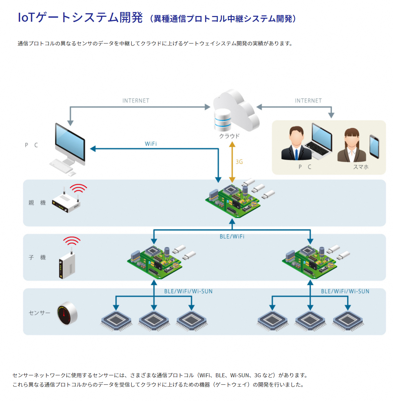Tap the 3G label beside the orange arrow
pyautogui.click(x=239, y=162)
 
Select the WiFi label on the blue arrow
pyautogui.click(x=151, y=144)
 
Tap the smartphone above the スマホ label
pyautogui.click(x=374, y=146)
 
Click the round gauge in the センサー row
pyautogui.click(x=67, y=313)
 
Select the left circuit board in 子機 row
pyautogui.click(x=154, y=261)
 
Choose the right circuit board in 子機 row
pyautogui.click(x=309, y=261)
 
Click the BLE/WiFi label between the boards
pyautogui.click(x=232, y=237)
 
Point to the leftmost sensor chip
pyautogui.click(x=116, y=320)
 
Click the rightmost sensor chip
pyautogui.click(x=348, y=320)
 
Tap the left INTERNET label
pyautogui.click(x=136, y=101)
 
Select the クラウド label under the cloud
pyautogui.click(x=229, y=136)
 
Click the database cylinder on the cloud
pyautogui.click(x=223, y=120)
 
